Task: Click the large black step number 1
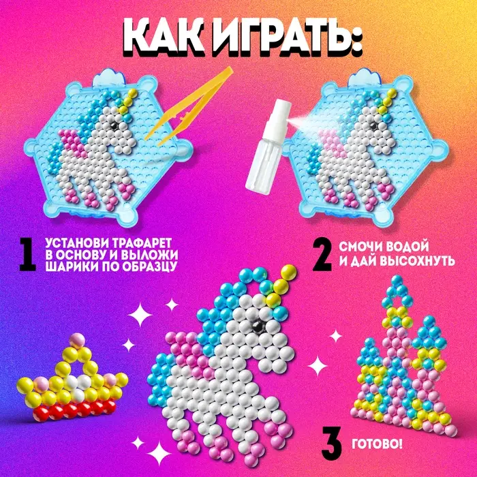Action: (x=27, y=256)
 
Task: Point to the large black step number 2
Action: (x=323, y=256)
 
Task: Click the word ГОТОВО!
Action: (x=377, y=444)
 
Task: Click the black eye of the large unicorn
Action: (x=258, y=325)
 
